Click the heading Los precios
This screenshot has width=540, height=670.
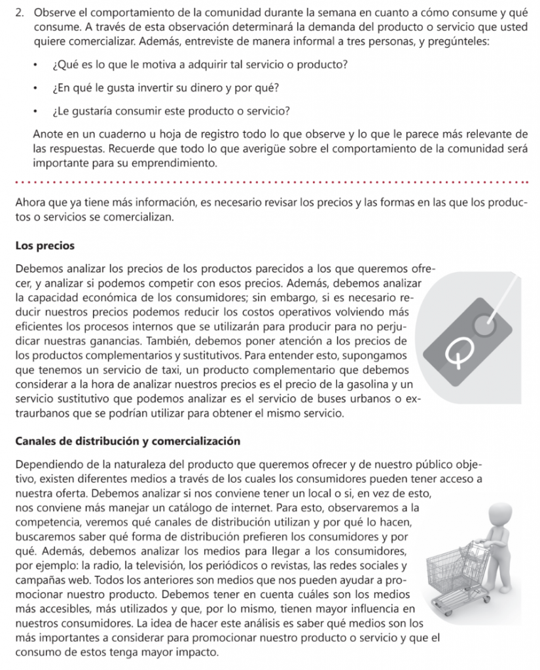(x=45, y=246)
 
